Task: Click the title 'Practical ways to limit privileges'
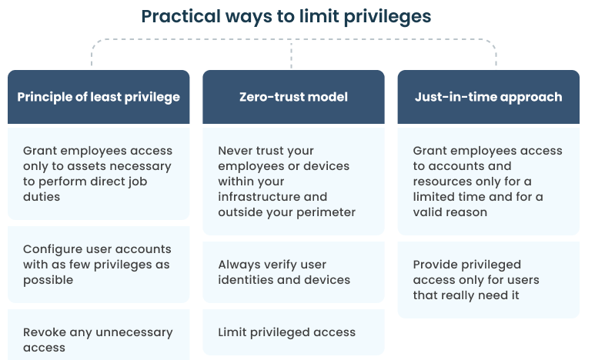click(x=286, y=17)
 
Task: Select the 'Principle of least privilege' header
click(x=99, y=97)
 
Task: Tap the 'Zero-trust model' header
click(x=293, y=97)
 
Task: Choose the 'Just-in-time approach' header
click(x=489, y=97)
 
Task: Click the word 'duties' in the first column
click(x=42, y=197)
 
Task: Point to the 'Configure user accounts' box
click(x=99, y=265)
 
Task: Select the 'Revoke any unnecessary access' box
click(x=99, y=335)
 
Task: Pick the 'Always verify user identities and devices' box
click(x=293, y=272)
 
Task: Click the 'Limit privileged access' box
click(x=293, y=332)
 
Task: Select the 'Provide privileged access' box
click(x=489, y=280)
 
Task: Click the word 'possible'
click(x=48, y=280)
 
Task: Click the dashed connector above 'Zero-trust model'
click(x=291, y=54)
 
